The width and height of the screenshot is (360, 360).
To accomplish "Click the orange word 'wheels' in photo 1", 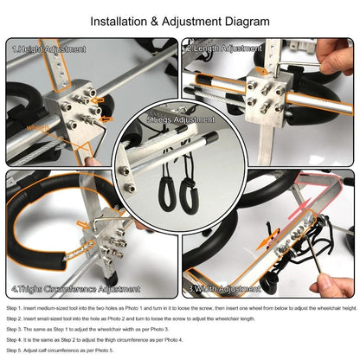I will pyautogui.click(x=39, y=128).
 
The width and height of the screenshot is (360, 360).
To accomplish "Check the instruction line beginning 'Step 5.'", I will pyautogui.click(x=73, y=350).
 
